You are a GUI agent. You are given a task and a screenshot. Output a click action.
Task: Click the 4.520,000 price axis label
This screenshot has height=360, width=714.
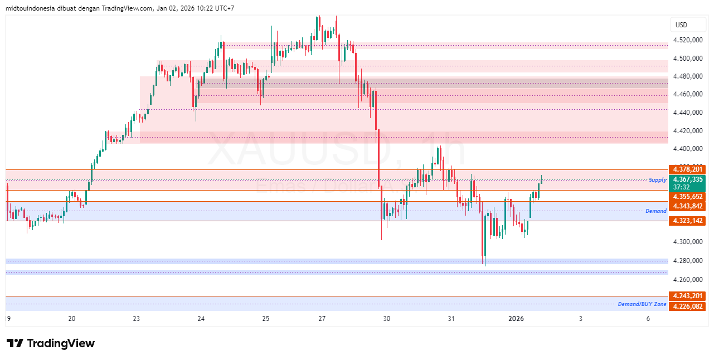687,40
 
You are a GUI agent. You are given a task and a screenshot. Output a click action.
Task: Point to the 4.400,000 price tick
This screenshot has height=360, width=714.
687,149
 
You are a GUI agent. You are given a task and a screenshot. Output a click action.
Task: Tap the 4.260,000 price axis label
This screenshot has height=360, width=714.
687,280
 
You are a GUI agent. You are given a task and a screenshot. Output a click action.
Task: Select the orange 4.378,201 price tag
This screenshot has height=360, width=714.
688,169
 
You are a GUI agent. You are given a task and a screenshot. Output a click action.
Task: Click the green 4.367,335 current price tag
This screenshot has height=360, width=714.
688,179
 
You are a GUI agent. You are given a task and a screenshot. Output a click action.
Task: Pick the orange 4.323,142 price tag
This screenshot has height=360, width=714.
688,221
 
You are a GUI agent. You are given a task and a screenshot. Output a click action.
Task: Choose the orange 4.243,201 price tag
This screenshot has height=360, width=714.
688,296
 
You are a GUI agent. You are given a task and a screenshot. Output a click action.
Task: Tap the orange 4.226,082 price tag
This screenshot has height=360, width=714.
688,307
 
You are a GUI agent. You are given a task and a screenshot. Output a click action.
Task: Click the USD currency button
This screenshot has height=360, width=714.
681,25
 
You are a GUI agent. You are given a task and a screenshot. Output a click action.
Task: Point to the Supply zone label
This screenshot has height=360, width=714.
658,180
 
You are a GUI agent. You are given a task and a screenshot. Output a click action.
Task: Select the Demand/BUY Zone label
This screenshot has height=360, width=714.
642,304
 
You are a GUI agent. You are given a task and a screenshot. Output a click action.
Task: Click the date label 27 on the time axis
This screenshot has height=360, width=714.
322,319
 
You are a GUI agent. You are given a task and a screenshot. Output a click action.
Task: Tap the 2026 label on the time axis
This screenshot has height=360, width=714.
516,319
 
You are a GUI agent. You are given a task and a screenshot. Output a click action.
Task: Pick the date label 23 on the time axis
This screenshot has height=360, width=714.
137,319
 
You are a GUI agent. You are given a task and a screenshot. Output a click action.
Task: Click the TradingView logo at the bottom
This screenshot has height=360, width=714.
50,343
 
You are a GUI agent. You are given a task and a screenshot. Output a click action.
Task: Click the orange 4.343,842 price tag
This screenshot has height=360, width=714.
688,206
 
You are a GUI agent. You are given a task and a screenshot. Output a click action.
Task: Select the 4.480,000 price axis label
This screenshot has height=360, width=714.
687,76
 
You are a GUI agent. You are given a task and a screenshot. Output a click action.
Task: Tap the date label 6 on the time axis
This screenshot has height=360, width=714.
648,319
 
